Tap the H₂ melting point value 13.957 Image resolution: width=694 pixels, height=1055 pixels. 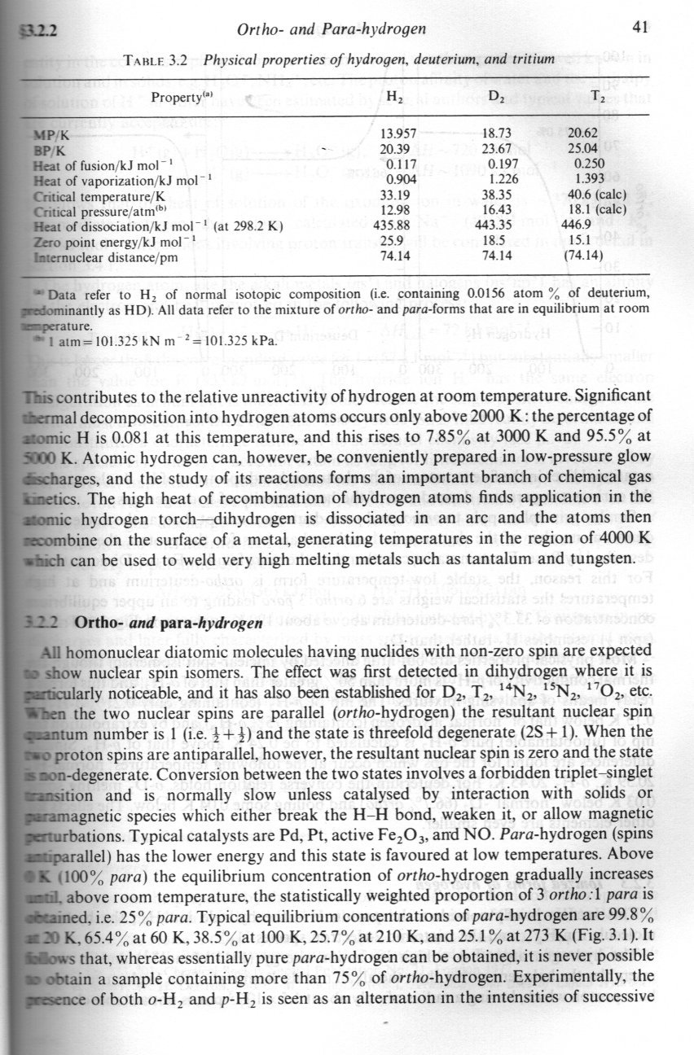[x=400, y=132]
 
